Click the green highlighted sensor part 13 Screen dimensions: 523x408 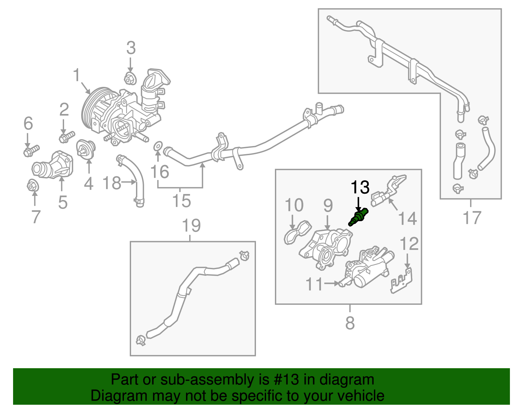(358, 217)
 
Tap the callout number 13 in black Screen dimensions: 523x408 (360, 187)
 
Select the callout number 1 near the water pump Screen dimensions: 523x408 (76, 75)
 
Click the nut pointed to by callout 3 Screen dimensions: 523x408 (130, 78)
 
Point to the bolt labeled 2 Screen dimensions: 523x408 (67, 137)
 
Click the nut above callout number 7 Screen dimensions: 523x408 (33, 185)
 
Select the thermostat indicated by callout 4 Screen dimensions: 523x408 (86, 149)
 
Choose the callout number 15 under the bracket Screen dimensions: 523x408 (182, 201)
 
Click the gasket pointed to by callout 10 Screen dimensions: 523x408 (298, 232)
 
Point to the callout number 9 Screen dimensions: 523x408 (328, 205)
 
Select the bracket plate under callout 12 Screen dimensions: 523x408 (401, 281)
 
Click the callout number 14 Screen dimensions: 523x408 (408, 218)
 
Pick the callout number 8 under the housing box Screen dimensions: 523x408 (350, 323)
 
